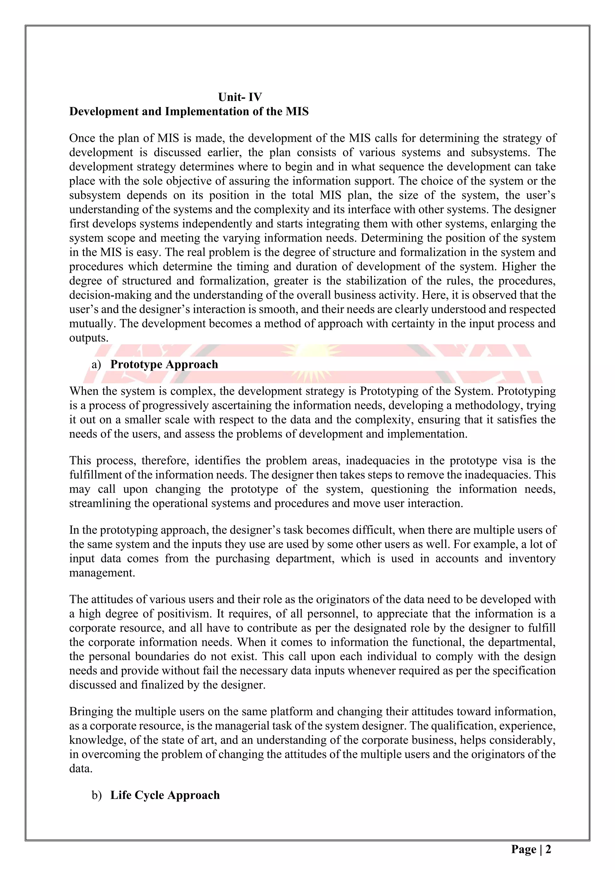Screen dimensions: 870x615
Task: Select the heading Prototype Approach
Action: pos(164,364)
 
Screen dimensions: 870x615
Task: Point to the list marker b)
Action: pos(97,795)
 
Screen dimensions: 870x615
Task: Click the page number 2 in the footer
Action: pos(548,849)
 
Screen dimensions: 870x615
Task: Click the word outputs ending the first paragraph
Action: pos(88,338)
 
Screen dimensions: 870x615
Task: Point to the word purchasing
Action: pos(242,558)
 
